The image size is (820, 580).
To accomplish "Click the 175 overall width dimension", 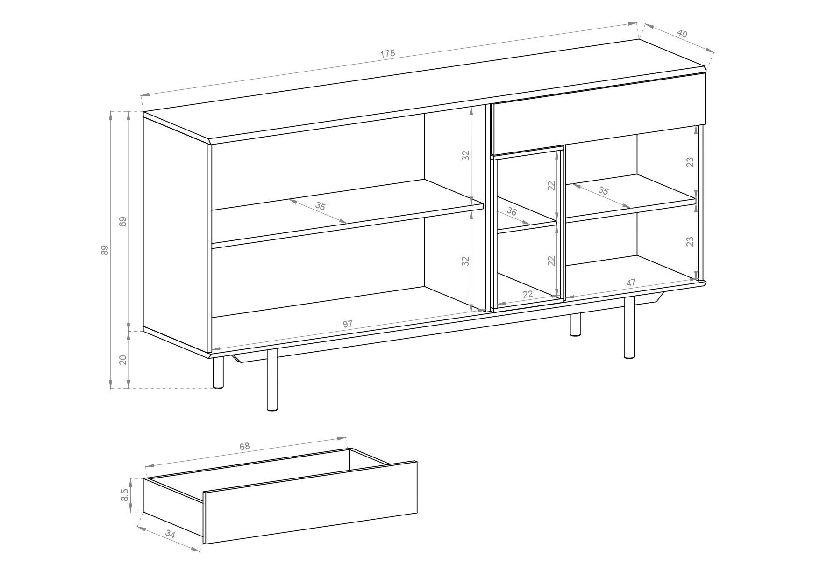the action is point(387,54).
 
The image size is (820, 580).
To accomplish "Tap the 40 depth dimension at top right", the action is point(682,34).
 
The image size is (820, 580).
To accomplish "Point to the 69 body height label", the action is point(123,222).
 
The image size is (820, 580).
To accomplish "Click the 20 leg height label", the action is point(123,360).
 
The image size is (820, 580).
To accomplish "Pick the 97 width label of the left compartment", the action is point(347,324).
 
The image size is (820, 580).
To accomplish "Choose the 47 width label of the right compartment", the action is point(631,283).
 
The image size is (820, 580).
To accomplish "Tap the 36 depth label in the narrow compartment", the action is point(512,211).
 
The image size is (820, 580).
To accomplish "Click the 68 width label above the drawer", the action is point(245,446).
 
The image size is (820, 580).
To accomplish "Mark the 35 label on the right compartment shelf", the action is point(603,191).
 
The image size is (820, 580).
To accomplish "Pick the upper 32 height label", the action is point(465,156).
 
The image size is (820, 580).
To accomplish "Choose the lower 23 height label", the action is point(690,241).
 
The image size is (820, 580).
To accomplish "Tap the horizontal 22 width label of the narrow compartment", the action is point(528,294).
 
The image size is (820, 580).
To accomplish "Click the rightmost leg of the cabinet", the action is point(629,327).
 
